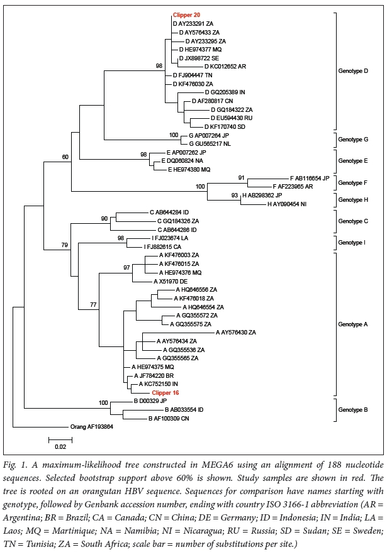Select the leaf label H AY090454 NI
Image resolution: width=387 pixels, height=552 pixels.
pyautogui.click(x=288, y=204)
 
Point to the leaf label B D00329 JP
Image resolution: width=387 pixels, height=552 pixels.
pyautogui.click(x=150, y=400)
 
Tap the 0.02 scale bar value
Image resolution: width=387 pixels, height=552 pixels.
pyautogui.click(x=60, y=446)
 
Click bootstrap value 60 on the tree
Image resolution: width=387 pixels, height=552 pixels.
pyautogui.click(x=65, y=157)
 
